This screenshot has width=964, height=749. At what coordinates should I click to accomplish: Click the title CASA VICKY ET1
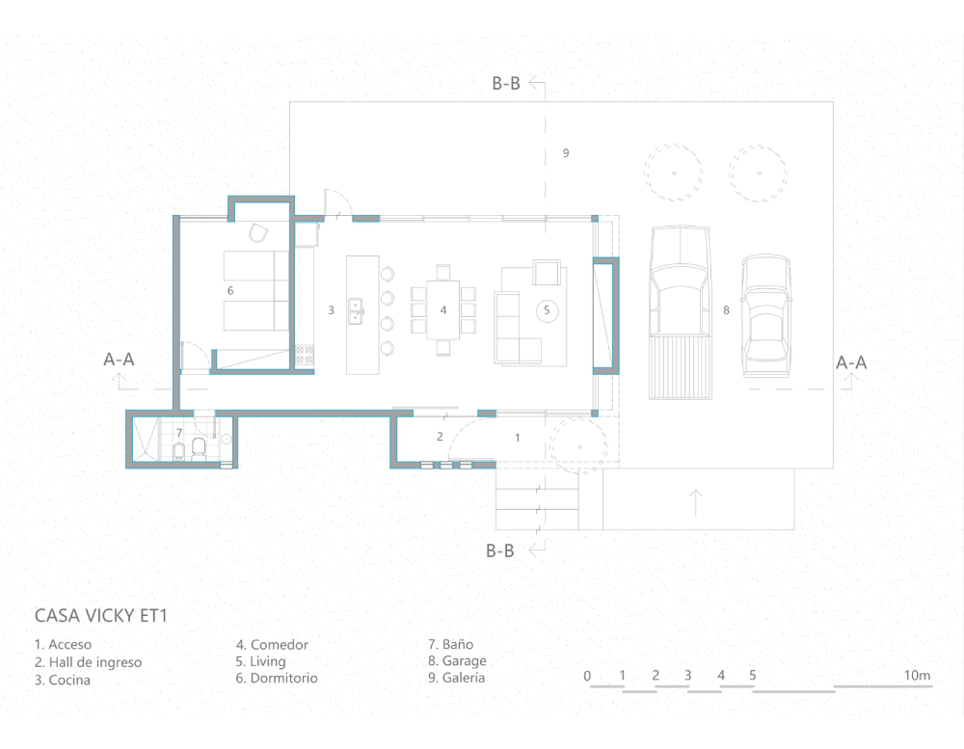pos(101,616)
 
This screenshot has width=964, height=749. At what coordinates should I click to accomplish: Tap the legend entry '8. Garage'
pos(457,661)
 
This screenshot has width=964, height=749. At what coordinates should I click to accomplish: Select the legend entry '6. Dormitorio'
pos(277,679)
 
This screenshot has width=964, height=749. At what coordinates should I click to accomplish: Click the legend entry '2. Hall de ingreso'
pos(88,662)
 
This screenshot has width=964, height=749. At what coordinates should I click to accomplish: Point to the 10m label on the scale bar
pos(917,675)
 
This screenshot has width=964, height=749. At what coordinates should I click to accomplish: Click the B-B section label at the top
pos(506,84)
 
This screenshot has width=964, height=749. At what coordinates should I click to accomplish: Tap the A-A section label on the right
pos(851,362)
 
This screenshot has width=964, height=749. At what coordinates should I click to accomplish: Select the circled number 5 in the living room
pos(547,310)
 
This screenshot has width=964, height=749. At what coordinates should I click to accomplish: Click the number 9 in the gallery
pos(566,153)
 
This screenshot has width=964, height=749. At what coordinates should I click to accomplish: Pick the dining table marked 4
pos(443,310)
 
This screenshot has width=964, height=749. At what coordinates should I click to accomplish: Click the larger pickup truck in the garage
pos(680,312)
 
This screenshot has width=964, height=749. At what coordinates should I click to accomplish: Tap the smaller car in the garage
pos(766,316)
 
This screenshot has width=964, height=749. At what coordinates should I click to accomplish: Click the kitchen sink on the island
pos(356,310)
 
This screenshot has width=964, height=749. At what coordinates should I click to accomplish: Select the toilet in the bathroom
pos(199,449)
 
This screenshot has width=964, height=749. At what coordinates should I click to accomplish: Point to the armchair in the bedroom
pos(258,233)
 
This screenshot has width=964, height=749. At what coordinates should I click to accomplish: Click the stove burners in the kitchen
pos(305,356)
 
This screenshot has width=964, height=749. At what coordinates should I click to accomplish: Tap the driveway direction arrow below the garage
pos(695,502)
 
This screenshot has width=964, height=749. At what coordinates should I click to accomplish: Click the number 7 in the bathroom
pos(179,433)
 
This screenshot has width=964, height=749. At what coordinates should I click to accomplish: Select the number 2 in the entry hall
pos(440,437)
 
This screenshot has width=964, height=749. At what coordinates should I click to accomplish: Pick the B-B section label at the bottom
pos(499,551)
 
